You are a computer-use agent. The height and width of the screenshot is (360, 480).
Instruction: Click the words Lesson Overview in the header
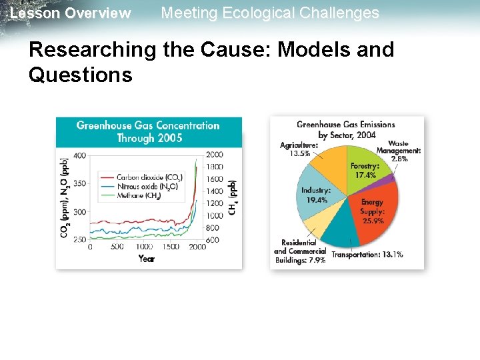[x=71, y=13]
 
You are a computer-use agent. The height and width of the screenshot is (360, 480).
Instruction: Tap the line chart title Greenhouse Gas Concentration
[x=148, y=125]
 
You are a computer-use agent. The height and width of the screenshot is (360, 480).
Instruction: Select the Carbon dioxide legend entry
[x=147, y=177]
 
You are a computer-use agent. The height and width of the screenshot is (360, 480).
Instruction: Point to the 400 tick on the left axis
[x=79, y=155]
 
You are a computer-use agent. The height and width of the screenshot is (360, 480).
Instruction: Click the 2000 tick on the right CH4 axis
[x=215, y=155]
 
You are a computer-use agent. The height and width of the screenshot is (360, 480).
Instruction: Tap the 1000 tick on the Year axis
[x=144, y=247]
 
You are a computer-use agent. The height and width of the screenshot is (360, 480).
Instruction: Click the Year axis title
[x=147, y=258]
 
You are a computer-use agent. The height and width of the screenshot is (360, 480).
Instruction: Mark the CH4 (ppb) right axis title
[x=233, y=197]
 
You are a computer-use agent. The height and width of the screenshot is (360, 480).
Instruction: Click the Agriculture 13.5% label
[x=299, y=149]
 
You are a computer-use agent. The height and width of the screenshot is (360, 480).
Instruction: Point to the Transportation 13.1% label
[x=367, y=255]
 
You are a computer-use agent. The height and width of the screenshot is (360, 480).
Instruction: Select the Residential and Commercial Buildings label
[x=299, y=251]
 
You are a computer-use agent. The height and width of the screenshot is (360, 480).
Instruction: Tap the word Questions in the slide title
[x=80, y=75]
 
